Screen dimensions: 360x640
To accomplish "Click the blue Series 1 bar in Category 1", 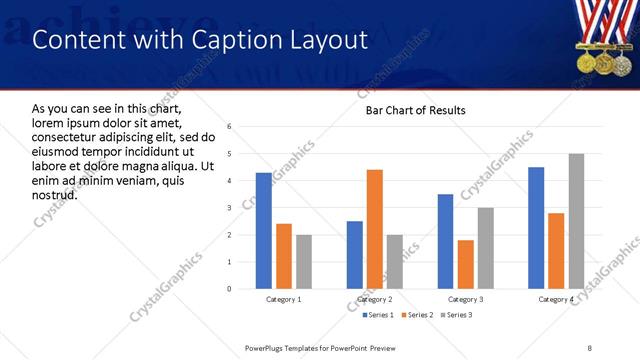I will (x=263, y=231).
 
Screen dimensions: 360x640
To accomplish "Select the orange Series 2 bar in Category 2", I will (x=375, y=229).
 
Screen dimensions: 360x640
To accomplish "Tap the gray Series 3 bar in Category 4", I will (x=576, y=221).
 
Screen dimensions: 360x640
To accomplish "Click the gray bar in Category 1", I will (x=304, y=262).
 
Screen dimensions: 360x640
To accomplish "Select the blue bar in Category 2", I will (x=355, y=255).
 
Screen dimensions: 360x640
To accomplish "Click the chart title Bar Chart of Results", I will (x=409, y=110).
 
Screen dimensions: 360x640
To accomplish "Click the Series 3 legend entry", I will (x=455, y=316).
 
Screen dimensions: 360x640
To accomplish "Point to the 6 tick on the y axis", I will (x=230, y=127).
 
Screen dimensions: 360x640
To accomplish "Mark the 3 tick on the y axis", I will (x=230, y=208).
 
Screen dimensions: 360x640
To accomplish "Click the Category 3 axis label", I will (x=465, y=300).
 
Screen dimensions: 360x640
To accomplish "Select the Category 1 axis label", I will (x=283, y=300).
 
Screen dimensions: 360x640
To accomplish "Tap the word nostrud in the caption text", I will (x=54, y=194).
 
